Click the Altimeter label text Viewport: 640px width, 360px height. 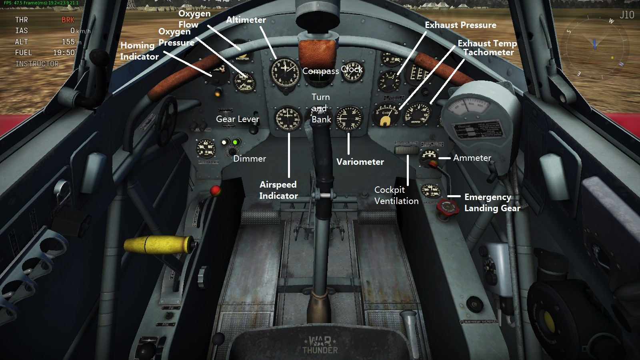point(246,20)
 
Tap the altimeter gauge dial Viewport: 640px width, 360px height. point(284,72)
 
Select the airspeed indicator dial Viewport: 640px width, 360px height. point(288,119)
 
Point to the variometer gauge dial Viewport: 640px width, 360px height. point(349,118)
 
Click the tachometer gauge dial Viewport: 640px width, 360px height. point(418,114)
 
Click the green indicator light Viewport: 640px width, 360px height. point(236,142)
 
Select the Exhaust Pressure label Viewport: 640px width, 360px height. point(460,25)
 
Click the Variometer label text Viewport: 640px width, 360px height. point(360,162)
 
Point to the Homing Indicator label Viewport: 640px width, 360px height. point(139,51)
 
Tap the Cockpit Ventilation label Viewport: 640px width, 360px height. point(396,196)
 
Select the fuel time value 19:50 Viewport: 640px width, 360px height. point(64,53)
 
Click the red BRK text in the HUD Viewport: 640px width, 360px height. point(68,20)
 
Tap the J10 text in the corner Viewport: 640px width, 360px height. point(627,15)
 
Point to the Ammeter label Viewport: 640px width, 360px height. point(472,158)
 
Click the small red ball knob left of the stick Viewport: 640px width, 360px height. point(216,190)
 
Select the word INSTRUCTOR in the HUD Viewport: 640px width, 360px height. point(37,64)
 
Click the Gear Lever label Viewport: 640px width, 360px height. point(238,119)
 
